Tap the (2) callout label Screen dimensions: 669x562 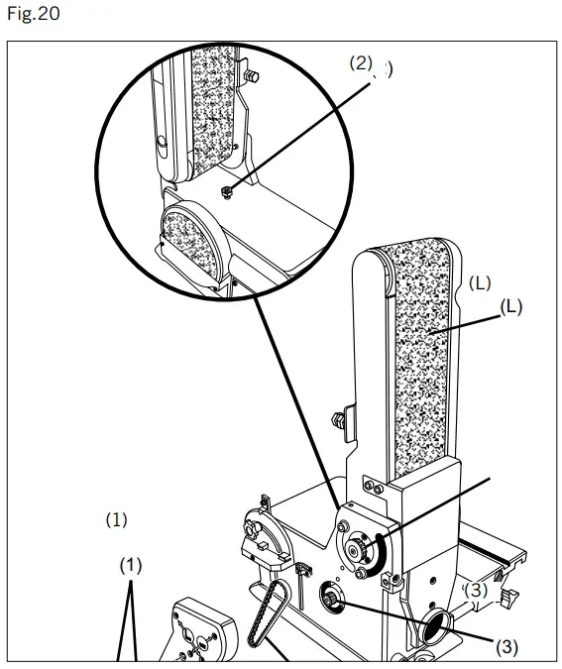coord(360,62)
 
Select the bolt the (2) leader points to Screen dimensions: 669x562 coord(227,191)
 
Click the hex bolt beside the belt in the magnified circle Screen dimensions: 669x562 coord(255,74)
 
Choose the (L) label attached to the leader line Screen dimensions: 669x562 coord(510,307)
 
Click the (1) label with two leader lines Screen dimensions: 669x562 coord(131,565)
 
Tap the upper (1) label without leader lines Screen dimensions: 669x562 coord(117,518)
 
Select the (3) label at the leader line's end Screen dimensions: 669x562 coord(506,647)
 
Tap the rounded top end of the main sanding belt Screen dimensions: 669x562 coord(407,252)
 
